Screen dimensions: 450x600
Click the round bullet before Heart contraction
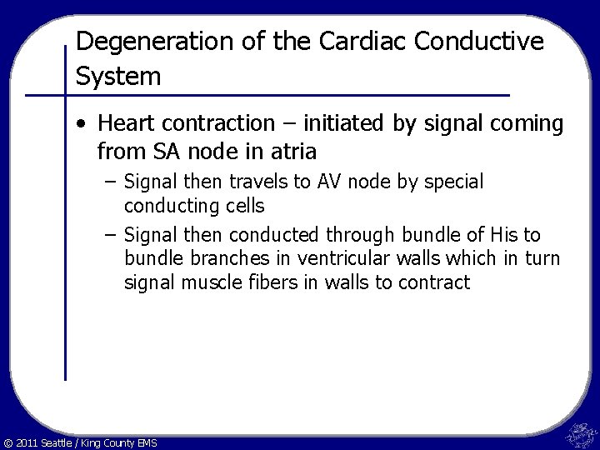[x=80, y=125]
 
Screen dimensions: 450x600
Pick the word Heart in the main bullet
[x=123, y=124]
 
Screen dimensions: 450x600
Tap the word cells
[x=242, y=204]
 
